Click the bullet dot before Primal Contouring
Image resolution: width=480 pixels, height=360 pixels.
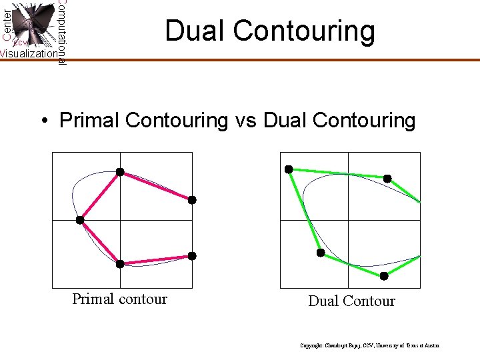pyautogui.click(x=44, y=121)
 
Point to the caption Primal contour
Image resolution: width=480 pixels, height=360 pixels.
pyautogui.click(x=119, y=299)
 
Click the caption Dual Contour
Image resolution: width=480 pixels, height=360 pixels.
pyautogui.click(x=351, y=301)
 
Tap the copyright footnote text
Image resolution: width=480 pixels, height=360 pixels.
pyautogui.click(x=369, y=346)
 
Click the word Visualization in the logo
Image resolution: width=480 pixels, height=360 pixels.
pyautogui.click(x=28, y=54)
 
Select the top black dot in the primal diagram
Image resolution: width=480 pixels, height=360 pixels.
pyautogui.click(x=120, y=172)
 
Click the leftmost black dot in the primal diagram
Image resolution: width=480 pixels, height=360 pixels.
pyautogui.click(x=80, y=220)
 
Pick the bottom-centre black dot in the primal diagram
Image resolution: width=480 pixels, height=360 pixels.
pyautogui.click(x=120, y=264)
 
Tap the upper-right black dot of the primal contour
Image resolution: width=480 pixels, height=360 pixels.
pyautogui.click(x=192, y=200)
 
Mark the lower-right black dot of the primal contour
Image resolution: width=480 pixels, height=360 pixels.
pyautogui.click(x=192, y=256)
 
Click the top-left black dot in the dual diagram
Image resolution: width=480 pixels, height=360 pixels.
pyautogui.click(x=289, y=169)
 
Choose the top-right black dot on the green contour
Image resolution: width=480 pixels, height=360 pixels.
pyautogui.click(x=387, y=179)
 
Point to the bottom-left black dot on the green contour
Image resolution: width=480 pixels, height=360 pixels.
pyautogui.click(x=321, y=253)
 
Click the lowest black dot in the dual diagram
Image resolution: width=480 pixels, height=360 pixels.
pyautogui.click(x=384, y=276)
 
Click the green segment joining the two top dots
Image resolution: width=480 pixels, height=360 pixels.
pyautogui.click(x=337, y=174)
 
